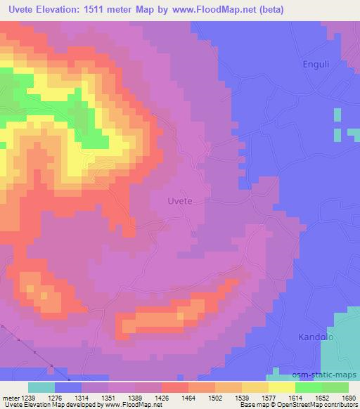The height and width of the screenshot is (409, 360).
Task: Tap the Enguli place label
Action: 316,65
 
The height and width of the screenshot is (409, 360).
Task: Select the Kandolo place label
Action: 316,337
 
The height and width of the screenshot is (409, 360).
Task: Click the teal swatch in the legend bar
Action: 41,387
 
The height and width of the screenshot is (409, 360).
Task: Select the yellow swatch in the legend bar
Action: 281,387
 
